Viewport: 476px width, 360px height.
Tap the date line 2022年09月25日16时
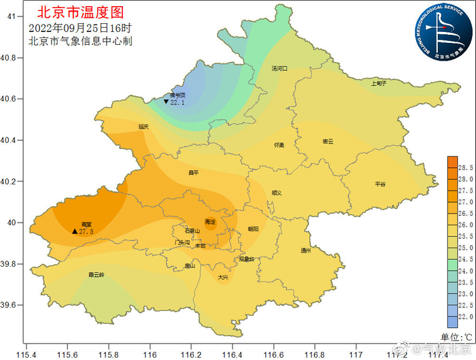80,28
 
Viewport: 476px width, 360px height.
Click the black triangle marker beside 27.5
75,231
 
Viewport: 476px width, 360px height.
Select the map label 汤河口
279,69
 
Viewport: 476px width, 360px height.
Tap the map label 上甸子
378,83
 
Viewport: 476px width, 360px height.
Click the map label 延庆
143,127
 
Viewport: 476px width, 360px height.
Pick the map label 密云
328,142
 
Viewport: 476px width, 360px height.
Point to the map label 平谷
380,184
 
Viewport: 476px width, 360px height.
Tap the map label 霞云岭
97,275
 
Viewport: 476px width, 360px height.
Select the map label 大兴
223,277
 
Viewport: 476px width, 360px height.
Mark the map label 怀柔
279,146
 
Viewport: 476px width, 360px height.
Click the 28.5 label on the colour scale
466,167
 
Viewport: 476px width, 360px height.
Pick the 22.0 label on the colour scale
466,317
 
